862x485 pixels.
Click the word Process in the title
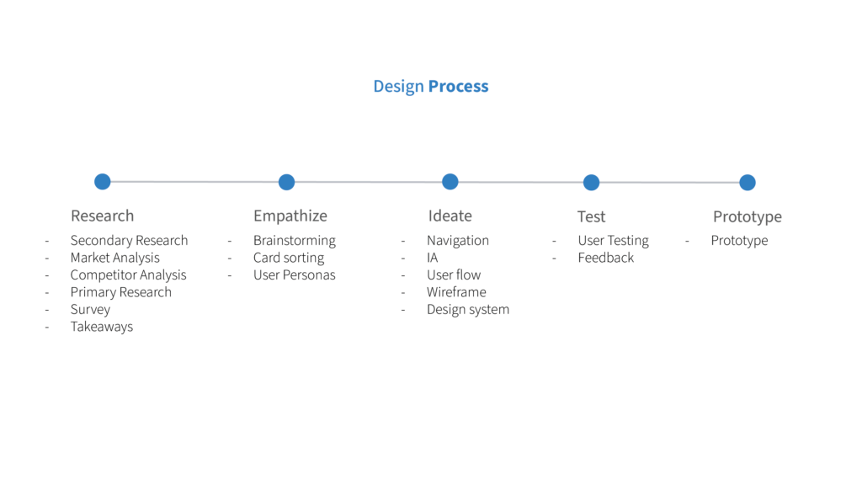(458, 87)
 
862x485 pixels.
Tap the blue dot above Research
(102, 182)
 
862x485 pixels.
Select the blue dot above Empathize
(286, 182)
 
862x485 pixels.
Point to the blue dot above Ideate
(450, 182)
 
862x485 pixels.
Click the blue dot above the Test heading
(591, 183)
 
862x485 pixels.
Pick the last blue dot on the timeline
(748, 183)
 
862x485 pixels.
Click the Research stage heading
(102, 216)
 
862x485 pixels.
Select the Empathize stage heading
(290, 216)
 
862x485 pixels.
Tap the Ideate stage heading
(450, 216)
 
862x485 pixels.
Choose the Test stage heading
(591, 216)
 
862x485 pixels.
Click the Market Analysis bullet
(114, 258)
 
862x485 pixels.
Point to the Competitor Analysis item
(128, 275)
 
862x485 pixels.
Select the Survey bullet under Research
(90, 310)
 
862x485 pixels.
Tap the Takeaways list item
(102, 327)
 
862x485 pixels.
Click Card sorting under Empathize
(289, 258)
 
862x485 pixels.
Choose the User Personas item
(294, 275)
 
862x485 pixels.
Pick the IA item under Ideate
(432, 258)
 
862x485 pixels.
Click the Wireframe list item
(456, 292)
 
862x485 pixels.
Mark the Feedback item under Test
(606, 258)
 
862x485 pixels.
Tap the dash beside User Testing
(554, 241)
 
